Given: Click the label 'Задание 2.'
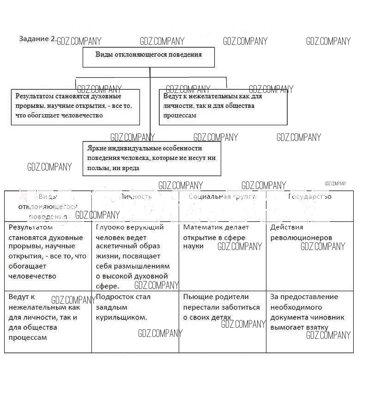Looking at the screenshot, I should (37, 38).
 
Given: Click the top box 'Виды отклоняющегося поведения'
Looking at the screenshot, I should (148, 55).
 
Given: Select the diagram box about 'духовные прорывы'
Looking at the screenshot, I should (75, 106).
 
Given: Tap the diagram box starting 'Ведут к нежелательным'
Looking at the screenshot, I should (223, 106).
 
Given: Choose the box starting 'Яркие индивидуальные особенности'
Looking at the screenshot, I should (151, 158).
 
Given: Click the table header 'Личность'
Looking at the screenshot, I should (136, 196).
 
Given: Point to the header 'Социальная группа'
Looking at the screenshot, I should (223, 196).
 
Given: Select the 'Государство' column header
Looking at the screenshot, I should (310, 196).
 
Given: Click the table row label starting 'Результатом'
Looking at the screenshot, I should (48, 251).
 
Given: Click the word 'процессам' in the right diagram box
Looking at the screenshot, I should (180, 116).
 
